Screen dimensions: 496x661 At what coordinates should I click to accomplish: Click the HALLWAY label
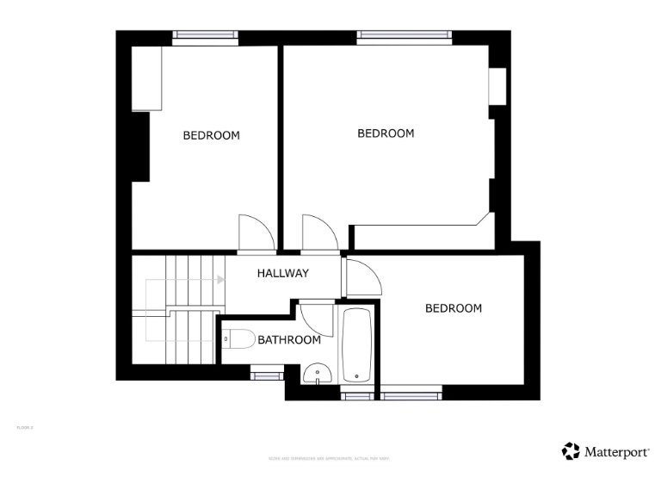[x=283, y=274]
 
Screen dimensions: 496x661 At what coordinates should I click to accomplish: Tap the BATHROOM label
[x=289, y=340]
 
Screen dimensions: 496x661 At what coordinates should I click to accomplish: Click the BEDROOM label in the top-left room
[x=211, y=135]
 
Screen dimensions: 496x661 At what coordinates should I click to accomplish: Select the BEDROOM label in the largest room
[x=386, y=133]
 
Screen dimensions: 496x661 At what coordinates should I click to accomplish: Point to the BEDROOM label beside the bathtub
[x=454, y=308]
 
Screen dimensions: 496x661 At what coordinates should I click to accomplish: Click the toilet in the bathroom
[x=239, y=340]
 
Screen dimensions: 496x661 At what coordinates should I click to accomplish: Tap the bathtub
[x=356, y=345]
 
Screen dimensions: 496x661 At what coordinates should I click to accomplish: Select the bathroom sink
[x=317, y=375]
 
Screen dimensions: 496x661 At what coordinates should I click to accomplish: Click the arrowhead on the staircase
[x=220, y=280]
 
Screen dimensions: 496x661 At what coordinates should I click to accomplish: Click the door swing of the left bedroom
[x=255, y=231]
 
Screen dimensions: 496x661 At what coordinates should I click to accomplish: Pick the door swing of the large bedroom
[x=318, y=231]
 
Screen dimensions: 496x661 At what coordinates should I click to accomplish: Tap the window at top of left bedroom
[x=205, y=36]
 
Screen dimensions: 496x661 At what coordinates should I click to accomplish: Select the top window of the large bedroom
[x=404, y=36]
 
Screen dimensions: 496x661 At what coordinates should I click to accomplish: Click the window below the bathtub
[x=355, y=394]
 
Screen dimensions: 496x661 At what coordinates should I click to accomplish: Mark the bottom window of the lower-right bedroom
[x=411, y=394]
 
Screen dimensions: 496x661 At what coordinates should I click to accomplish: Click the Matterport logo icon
[x=570, y=451]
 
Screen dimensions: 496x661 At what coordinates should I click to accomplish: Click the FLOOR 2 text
[x=25, y=427]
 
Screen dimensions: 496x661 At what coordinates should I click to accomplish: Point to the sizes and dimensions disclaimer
[x=330, y=458]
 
